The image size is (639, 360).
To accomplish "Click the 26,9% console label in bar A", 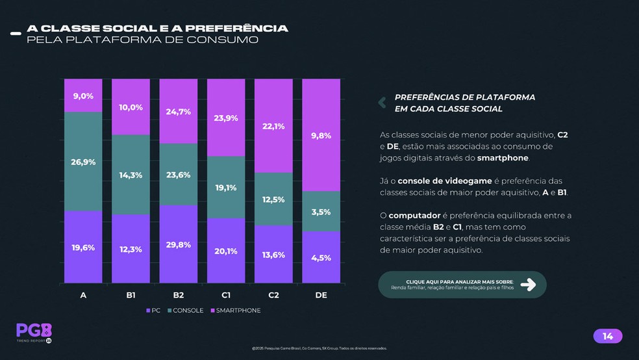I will click(83, 162).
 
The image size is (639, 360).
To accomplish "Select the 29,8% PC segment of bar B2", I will click(179, 244).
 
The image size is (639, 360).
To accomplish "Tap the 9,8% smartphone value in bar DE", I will click(321, 136).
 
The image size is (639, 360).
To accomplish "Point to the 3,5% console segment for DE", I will click(321, 212).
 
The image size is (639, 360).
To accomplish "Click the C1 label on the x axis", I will click(226, 295).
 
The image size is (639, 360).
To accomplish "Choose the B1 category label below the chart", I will click(131, 295).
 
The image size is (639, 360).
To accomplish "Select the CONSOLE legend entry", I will click(185, 311).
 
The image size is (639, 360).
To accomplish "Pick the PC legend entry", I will click(153, 311).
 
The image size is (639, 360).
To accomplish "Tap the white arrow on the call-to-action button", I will click(528, 284).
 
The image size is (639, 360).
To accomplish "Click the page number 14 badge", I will click(608, 336).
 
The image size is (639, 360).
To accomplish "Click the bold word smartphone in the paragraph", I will click(503, 158).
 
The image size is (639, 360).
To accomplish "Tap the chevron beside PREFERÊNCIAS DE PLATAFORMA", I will click(382, 102).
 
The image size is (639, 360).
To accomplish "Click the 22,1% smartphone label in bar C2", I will click(273, 127).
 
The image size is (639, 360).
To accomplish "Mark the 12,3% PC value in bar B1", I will click(131, 250).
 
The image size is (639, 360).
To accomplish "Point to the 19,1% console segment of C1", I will click(226, 188).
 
